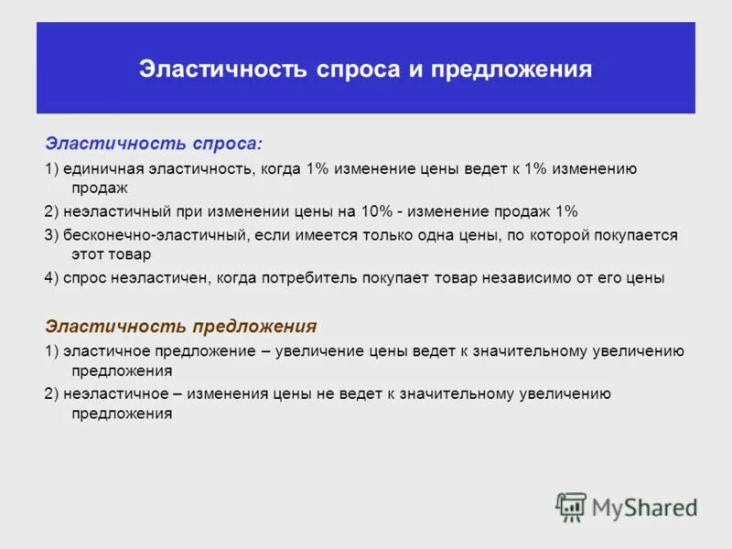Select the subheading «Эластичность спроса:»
click(x=154, y=144)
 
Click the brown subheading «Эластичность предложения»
click(x=181, y=327)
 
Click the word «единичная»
click(x=99, y=169)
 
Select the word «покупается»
click(x=634, y=235)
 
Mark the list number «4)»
click(x=51, y=278)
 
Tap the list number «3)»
click(x=51, y=235)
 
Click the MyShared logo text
click(x=645, y=507)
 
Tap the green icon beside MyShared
click(x=572, y=507)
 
